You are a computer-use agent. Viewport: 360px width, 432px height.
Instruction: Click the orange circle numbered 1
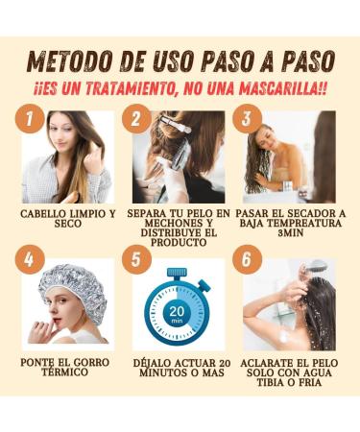[x=30, y=119]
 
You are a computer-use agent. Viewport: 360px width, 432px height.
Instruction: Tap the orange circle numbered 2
[x=136, y=119]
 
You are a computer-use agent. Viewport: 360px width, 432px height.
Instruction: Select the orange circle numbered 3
[x=247, y=118]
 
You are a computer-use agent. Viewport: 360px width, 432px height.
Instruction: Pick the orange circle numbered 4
[x=30, y=259]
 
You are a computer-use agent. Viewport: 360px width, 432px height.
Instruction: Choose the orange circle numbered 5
[x=136, y=259]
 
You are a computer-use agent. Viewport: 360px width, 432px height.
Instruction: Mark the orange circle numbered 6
[x=247, y=259]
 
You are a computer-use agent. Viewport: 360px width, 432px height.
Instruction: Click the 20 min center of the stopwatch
[x=176, y=313]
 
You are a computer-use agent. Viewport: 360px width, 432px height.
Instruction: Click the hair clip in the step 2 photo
[x=175, y=125]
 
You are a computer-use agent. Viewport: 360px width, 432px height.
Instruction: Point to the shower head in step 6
[x=316, y=265]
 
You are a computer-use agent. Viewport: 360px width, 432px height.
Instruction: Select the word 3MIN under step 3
[x=291, y=232]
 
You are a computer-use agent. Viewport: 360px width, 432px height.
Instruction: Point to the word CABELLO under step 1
[x=41, y=214]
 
